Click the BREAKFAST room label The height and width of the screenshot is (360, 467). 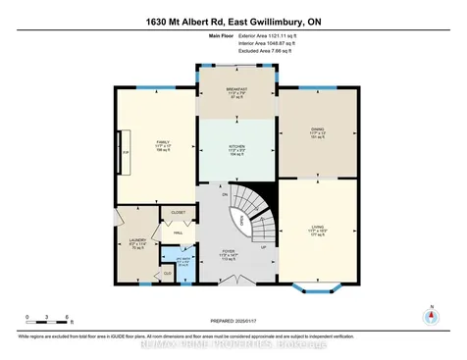[x=236, y=89]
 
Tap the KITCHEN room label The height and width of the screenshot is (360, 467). [x=236, y=148]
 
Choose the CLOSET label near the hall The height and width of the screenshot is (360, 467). [x=179, y=212]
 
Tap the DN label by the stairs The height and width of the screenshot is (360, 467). [x=225, y=196]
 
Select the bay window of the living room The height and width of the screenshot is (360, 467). [x=317, y=287]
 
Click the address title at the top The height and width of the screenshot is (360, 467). [x=233, y=21]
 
